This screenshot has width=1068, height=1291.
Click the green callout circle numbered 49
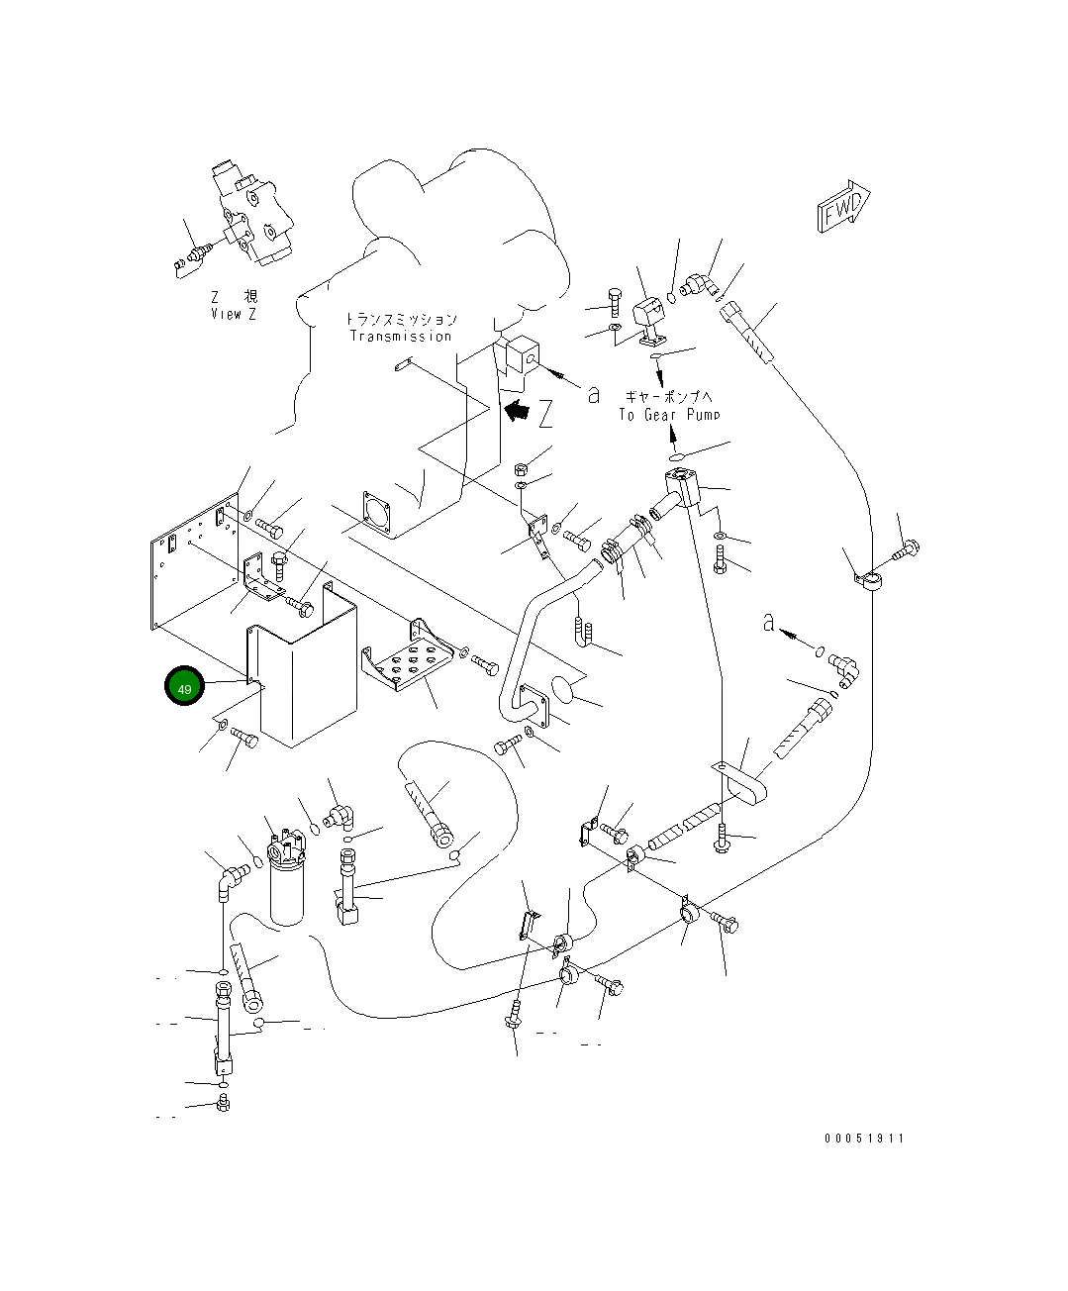(184, 687)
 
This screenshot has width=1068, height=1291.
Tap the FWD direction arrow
(843, 208)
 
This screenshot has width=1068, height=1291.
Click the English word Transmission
(401, 336)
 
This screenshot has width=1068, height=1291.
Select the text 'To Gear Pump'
(670, 414)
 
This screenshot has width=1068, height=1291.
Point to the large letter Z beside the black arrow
(545, 413)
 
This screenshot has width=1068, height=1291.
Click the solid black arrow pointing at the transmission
(516, 409)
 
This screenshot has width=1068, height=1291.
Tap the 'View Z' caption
(234, 314)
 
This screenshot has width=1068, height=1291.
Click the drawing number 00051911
(863, 1139)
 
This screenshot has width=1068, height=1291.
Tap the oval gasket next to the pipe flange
(564, 689)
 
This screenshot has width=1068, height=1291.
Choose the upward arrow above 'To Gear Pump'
(670, 377)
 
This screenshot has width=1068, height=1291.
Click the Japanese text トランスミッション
(401, 319)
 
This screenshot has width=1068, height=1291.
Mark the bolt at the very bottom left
(223, 1103)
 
